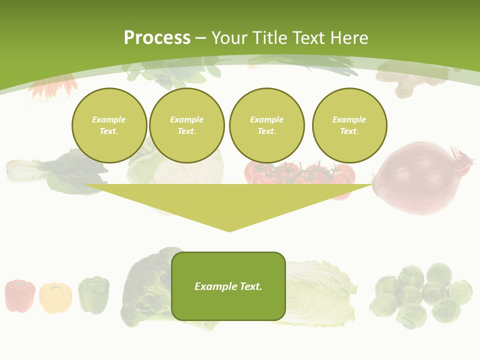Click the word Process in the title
pyautogui.click(x=157, y=38)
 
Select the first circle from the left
pyautogui.click(x=109, y=125)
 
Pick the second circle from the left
pyautogui.click(x=186, y=125)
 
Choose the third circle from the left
pyautogui.click(x=266, y=125)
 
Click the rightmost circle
pyautogui.click(x=349, y=125)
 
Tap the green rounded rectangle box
pyautogui.click(x=228, y=286)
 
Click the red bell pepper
pyautogui.click(x=20, y=295)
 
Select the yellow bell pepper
pyautogui.click(x=55, y=297)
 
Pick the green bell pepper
pyautogui.click(x=93, y=295)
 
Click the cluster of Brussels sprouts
pyautogui.click(x=423, y=295)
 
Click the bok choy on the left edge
pyautogui.click(x=55, y=172)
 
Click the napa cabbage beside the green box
pyautogui.click(x=320, y=295)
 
